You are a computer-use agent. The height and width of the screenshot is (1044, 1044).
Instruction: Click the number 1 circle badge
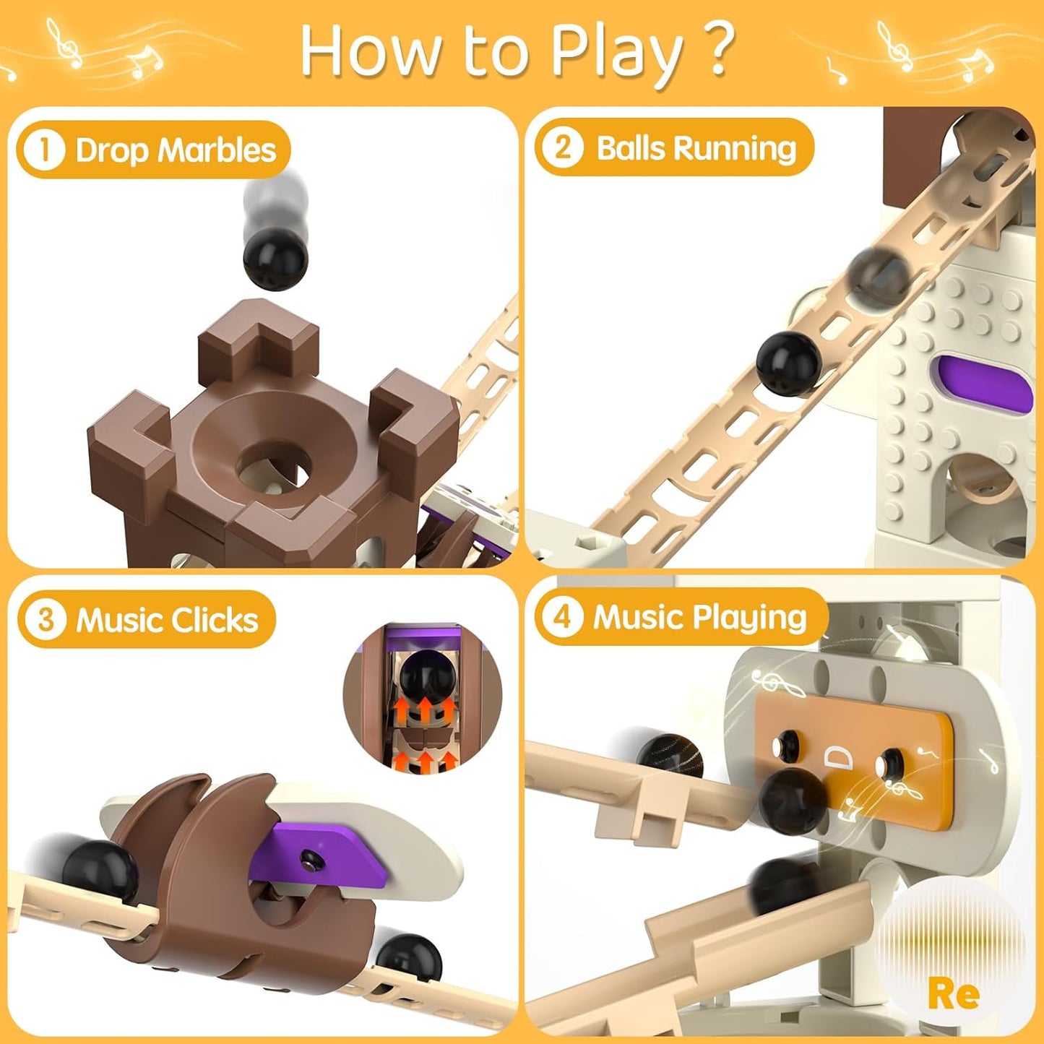tap(44, 150)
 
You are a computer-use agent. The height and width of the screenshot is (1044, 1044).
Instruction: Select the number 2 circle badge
tap(562, 147)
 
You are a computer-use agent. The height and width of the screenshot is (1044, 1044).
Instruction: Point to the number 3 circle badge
tap(46, 619)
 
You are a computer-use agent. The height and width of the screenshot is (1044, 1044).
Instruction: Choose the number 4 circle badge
tap(561, 617)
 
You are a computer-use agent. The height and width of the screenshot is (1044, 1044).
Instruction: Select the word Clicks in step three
tap(215, 620)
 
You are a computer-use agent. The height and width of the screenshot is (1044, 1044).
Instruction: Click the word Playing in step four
tap(749, 618)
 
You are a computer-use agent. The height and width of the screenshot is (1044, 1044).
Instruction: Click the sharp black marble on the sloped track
tap(789, 363)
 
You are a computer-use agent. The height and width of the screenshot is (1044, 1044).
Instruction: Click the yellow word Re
tap(954, 994)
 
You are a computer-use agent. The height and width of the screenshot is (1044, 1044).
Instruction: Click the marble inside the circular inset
tap(426, 676)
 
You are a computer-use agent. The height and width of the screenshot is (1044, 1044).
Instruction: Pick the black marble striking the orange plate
tap(793, 800)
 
